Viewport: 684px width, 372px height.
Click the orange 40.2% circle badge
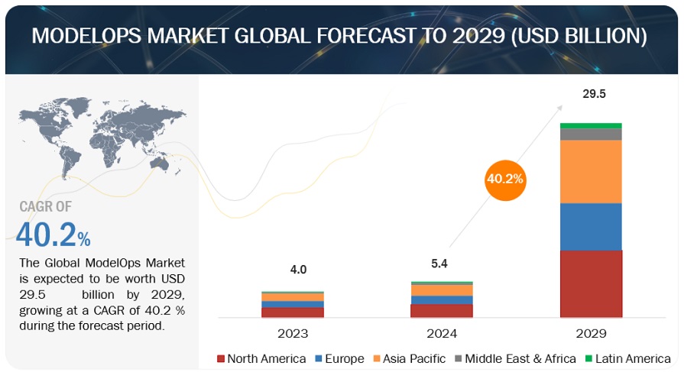point(504,179)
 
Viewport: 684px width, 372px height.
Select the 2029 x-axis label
point(590,333)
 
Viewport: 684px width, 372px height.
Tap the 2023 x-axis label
point(293,333)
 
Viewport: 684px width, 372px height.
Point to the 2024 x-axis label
point(441,333)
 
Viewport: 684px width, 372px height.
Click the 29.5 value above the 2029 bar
point(590,94)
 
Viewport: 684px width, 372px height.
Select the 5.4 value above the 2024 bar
point(441,264)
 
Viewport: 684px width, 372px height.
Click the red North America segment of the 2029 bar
point(591,283)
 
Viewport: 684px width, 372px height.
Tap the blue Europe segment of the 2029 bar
point(591,226)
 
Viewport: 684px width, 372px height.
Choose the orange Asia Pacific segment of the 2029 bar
point(591,171)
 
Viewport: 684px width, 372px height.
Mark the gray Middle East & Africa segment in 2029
point(591,134)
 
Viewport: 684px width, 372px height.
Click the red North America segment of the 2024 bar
point(441,310)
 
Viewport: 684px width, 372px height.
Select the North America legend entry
point(262,357)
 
